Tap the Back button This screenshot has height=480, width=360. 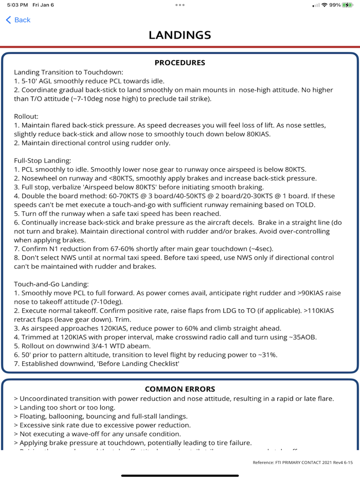[x=18, y=20]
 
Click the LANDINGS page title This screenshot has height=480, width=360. [x=179, y=35]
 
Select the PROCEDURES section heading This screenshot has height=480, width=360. [x=179, y=63]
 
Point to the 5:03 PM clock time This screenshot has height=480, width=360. [x=16, y=5]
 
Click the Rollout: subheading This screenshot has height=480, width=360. [x=27, y=116]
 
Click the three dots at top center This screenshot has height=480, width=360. [x=179, y=5]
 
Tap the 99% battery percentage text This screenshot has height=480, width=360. [x=335, y=5]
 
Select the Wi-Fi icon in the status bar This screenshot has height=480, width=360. [x=323, y=5]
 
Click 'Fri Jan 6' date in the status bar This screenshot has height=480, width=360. [x=47, y=5]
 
